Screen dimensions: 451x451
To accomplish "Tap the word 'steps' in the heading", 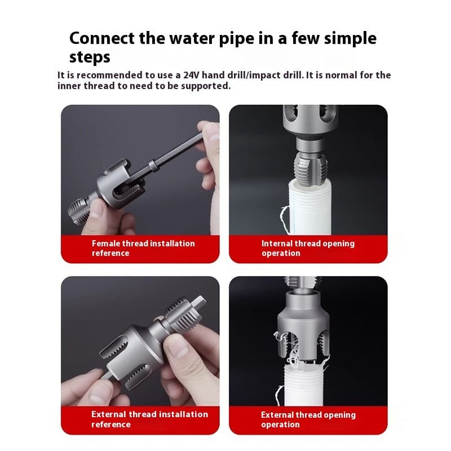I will coord(90,57).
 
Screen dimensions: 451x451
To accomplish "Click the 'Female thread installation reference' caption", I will coord(143,248).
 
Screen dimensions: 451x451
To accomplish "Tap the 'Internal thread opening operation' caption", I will coord(307,248).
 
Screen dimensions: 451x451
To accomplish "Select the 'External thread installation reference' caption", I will coord(149,419).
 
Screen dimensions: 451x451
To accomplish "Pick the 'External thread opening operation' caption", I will coord(308,419).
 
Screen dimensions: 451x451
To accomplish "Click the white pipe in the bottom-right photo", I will coord(308,383).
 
